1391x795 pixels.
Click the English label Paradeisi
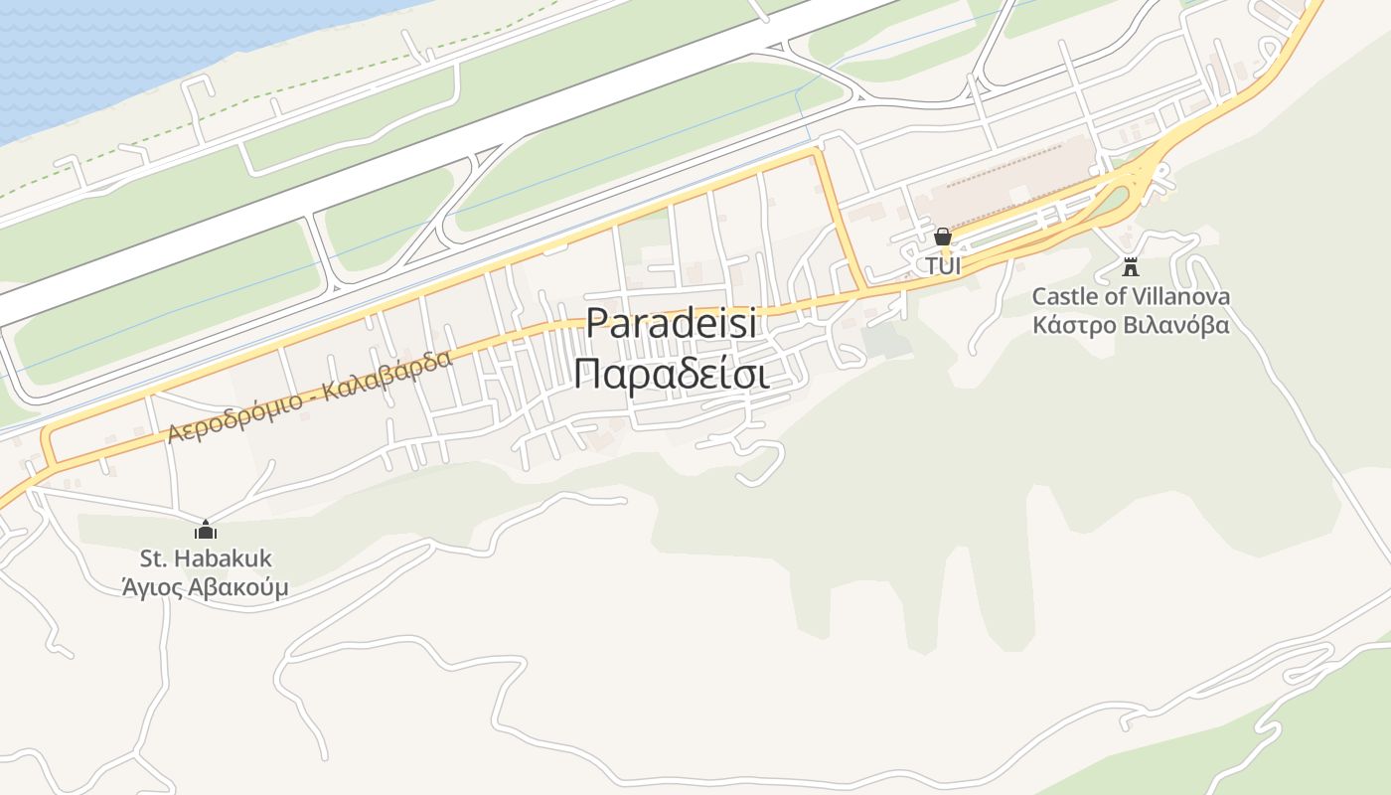(671, 324)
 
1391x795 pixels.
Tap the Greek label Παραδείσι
(671, 375)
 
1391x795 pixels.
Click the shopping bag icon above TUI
(942, 237)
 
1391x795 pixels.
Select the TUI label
(943, 266)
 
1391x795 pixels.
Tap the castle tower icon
(1130, 266)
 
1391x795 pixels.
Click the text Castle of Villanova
(1130, 296)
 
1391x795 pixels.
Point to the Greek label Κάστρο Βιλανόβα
(1130, 325)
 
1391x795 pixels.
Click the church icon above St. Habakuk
(206, 530)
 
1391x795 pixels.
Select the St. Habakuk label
(206, 558)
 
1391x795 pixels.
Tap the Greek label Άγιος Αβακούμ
(205, 587)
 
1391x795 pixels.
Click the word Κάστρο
(1074, 325)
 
